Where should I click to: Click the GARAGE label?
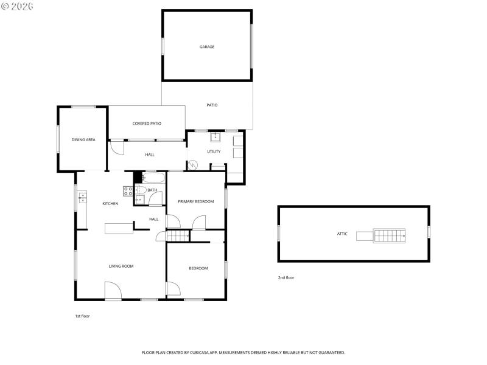(207, 47)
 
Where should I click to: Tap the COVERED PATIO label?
(147, 123)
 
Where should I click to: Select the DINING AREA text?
(83, 140)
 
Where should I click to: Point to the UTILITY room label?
(214, 151)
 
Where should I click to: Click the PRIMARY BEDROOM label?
(195, 201)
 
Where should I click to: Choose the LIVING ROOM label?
(121, 266)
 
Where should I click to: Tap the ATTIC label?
(342, 234)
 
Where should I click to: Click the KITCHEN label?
(110, 204)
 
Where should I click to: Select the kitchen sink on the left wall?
(82, 197)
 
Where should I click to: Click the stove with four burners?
(128, 191)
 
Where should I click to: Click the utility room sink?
(215, 136)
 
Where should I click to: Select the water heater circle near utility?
(194, 164)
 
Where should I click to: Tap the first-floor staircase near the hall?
(177, 236)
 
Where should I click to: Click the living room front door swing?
(113, 290)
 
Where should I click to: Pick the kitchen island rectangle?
(119, 228)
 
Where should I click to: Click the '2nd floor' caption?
(286, 277)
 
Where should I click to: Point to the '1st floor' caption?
(82, 316)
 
